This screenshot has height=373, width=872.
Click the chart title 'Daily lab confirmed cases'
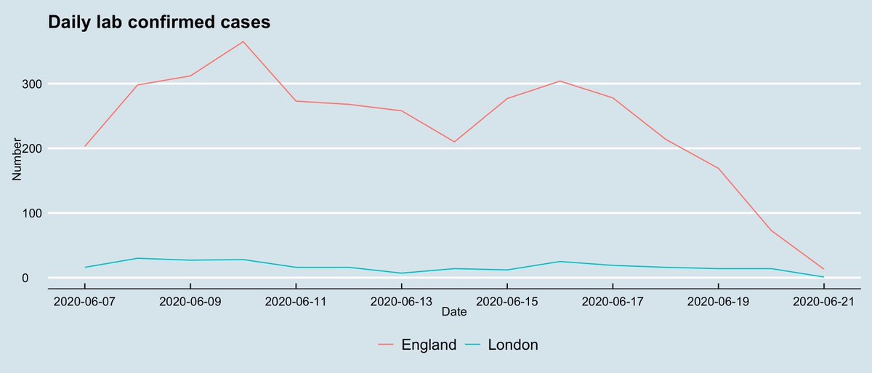(x=159, y=23)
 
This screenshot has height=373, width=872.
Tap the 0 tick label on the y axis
(x=35, y=278)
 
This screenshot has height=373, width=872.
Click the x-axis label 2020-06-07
(x=85, y=301)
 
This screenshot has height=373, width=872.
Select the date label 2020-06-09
(x=190, y=301)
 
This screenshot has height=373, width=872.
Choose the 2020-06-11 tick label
(x=296, y=301)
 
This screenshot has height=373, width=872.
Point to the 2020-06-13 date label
(x=401, y=301)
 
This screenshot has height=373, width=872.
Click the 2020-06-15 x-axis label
(x=506, y=301)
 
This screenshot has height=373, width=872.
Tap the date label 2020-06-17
(x=613, y=301)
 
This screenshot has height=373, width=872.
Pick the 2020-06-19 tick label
(x=718, y=301)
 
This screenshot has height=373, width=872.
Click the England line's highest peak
(x=243, y=41)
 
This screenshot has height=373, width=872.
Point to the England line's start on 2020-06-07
(x=85, y=146)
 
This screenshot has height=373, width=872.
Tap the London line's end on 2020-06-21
(x=823, y=277)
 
